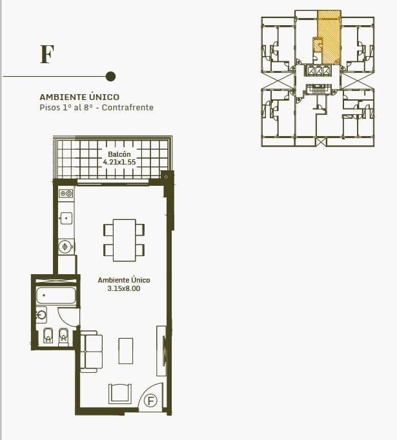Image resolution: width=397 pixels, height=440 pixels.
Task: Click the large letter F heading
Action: [47, 54]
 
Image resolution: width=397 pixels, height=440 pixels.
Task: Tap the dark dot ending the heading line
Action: [110, 76]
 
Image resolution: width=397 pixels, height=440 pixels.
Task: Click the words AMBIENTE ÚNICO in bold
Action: [79, 97]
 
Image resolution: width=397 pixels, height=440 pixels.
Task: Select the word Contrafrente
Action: [128, 108]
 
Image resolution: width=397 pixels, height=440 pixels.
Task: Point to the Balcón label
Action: [119, 154]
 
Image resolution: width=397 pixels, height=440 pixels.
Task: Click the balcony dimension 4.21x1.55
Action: [119, 162]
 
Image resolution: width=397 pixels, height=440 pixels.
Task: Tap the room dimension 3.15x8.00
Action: [124, 288]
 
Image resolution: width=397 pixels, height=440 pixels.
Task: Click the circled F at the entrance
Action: [151, 401]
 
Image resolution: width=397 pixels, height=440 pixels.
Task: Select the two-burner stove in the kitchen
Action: [66, 194]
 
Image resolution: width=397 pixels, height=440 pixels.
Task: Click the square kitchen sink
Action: [66, 218]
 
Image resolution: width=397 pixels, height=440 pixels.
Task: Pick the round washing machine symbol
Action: [65, 247]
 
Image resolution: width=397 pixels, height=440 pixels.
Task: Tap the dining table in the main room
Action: [125, 240]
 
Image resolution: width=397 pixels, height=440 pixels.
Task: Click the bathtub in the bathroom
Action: [56, 295]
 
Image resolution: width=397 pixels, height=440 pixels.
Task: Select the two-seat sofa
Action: [91, 352]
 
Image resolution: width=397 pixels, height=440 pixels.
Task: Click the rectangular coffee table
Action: [126, 351]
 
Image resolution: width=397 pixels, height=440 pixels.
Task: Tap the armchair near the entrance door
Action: [120, 394]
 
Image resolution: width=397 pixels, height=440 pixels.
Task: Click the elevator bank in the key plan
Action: [318, 71]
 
